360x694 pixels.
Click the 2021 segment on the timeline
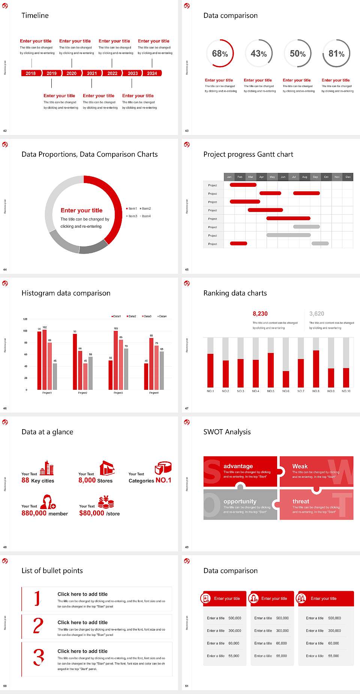point(92,73)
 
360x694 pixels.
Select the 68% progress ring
point(220,54)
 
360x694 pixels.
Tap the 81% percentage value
point(336,54)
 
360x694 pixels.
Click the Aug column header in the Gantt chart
point(304,177)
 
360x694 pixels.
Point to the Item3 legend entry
point(132,216)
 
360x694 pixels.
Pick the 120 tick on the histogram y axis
point(25,319)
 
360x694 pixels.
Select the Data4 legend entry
point(162,316)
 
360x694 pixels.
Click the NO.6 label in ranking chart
point(286,391)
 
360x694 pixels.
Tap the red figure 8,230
point(260,314)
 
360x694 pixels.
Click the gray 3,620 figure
point(317,314)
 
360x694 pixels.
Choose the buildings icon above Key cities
point(47,468)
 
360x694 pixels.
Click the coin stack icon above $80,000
point(106,502)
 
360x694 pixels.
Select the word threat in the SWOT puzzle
point(301,501)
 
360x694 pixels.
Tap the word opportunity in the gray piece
point(240,501)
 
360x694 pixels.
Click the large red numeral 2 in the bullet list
point(38,626)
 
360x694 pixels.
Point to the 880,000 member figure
point(45,513)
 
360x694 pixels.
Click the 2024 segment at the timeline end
point(152,73)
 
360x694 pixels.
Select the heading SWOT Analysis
point(227,432)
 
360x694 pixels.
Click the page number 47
point(187,408)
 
